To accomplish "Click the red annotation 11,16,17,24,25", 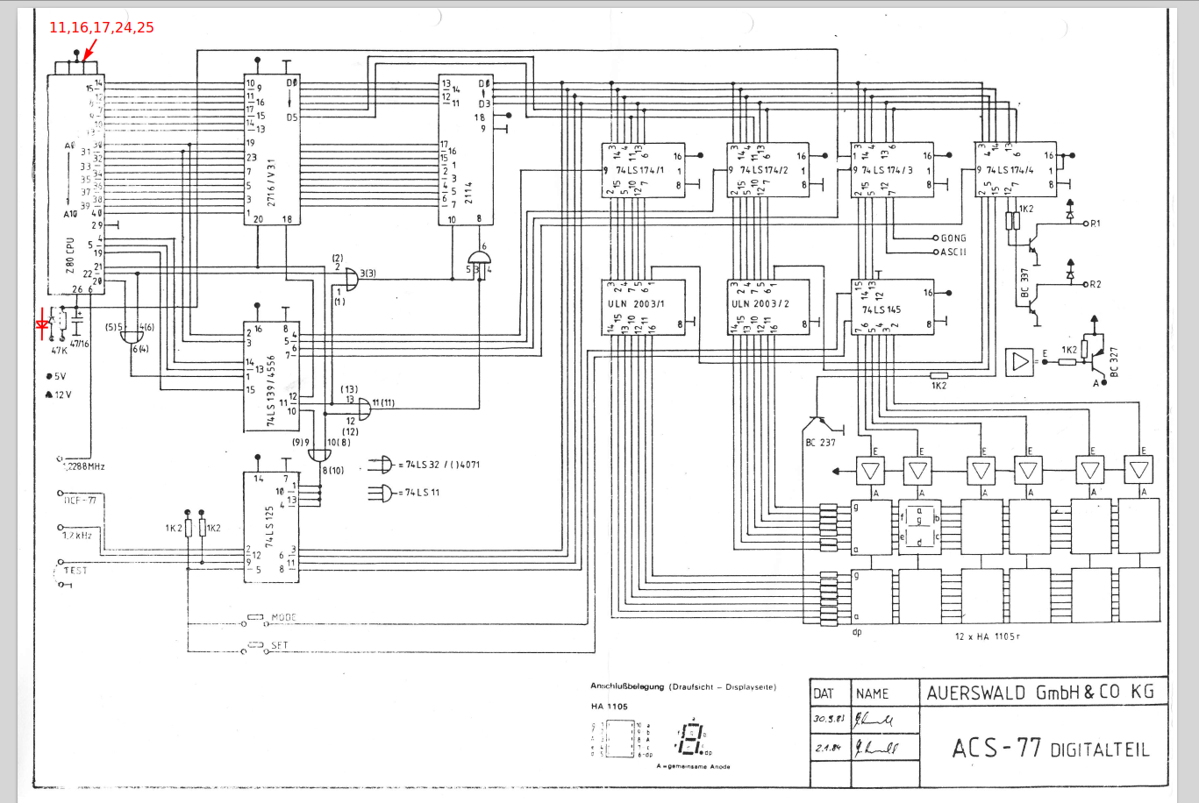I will click(x=101, y=28).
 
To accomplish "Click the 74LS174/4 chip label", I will click(x=1010, y=170).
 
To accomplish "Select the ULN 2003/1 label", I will click(x=636, y=304).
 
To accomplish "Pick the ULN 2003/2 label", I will click(x=760, y=304).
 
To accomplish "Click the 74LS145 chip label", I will click(x=881, y=309).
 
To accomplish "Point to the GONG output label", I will click(x=953, y=238).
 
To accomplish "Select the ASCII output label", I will click(x=953, y=252).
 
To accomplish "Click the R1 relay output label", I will click(x=1095, y=224).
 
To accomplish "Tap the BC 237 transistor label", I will click(x=820, y=443).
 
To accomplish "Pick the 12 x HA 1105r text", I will click(x=988, y=636).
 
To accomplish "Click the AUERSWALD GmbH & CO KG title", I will click(x=1040, y=693).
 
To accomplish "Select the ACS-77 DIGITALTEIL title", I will click(x=1050, y=749).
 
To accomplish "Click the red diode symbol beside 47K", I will click(x=41, y=325).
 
